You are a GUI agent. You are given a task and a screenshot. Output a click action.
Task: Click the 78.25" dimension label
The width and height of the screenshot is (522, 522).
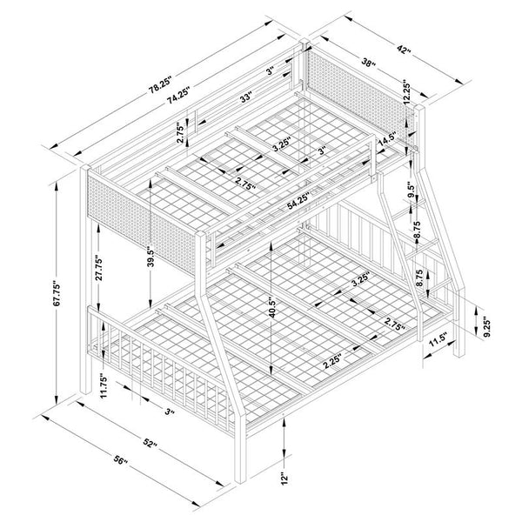(x=160, y=85)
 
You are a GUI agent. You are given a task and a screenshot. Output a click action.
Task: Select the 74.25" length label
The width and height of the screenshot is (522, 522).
(x=178, y=95)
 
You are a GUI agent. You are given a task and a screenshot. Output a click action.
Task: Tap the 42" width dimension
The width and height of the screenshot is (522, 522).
(x=404, y=49)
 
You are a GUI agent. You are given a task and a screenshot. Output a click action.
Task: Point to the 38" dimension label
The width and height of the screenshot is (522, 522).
(x=368, y=63)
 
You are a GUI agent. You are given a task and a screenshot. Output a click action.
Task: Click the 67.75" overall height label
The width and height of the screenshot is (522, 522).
(x=57, y=295)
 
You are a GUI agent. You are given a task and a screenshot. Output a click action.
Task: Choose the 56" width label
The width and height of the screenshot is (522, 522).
(x=121, y=460)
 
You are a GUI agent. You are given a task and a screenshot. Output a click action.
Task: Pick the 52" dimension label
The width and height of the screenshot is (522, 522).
(x=150, y=443)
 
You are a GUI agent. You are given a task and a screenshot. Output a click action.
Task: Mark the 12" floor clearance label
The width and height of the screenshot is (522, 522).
(x=284, y=478)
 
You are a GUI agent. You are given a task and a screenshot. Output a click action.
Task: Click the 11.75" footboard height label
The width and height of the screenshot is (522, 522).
(x=104, y=387)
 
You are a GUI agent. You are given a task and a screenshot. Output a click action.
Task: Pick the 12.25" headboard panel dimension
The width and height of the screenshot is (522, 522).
(x=405, y=92)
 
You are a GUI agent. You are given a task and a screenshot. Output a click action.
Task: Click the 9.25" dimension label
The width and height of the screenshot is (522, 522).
(x=487, y=326)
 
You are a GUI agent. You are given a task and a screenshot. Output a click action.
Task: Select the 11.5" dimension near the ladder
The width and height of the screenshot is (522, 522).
(x=438, y=342)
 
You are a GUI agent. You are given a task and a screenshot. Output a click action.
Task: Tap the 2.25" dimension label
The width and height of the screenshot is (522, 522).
(x=333, y=363)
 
